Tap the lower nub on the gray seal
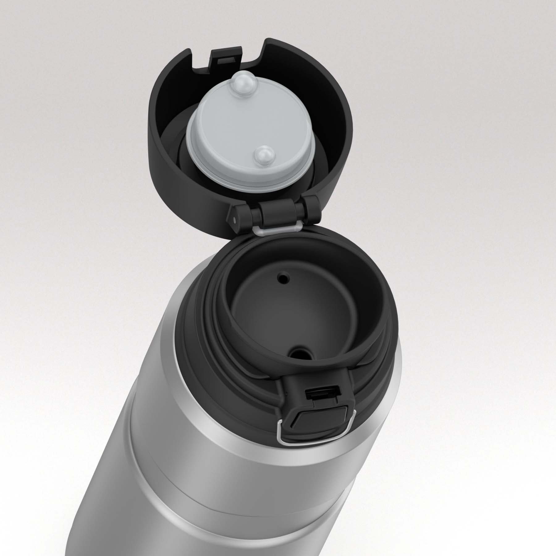pos(263,154)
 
